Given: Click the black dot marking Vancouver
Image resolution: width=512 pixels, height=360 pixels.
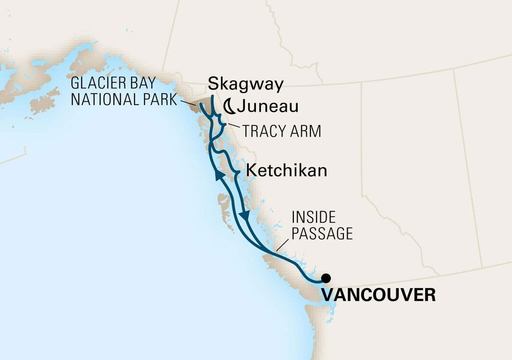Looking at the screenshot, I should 326,277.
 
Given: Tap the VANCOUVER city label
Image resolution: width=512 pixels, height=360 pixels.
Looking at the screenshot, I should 378,294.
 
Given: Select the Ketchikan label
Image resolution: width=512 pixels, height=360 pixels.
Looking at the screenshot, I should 287,171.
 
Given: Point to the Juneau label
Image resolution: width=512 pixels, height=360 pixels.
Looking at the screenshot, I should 268,107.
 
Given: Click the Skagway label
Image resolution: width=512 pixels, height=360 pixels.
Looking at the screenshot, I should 246,85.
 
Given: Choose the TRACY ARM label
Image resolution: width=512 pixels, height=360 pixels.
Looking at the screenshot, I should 282,131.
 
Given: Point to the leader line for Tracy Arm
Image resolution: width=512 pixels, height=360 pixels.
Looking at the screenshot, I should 232,126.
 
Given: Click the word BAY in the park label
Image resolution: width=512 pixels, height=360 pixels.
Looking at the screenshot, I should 142,83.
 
